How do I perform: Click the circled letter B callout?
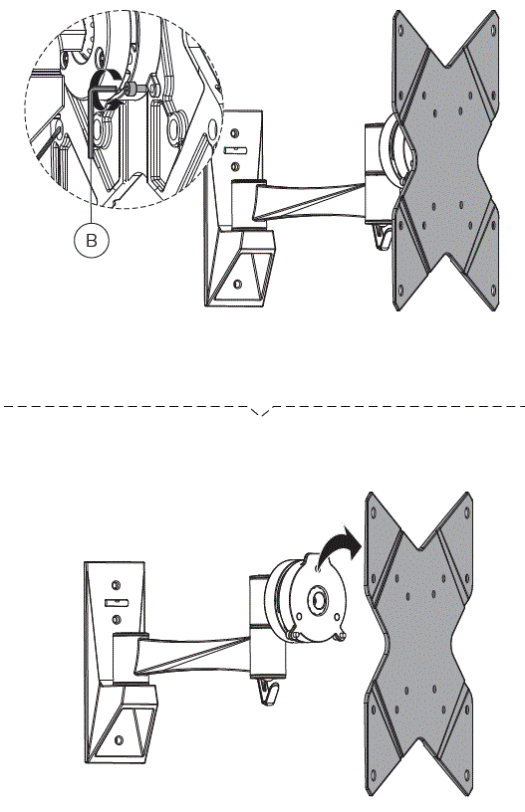coord(92,240)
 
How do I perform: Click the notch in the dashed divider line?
coord(262,411)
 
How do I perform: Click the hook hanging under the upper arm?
coord(377,237)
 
